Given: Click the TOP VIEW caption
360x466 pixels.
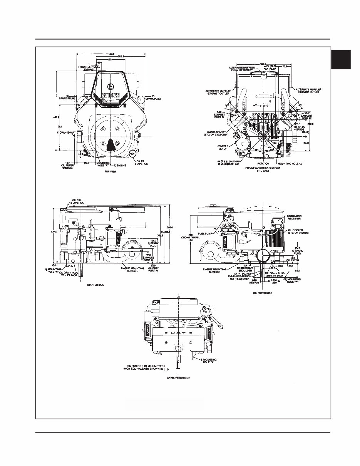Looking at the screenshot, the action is pyautogui.click(x=110, y=173).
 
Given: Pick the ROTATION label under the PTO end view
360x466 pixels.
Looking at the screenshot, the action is pyautogui.click(x=263, y=163).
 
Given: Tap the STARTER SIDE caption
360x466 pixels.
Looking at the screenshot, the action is pyautogui.click(x=94, y=285).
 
